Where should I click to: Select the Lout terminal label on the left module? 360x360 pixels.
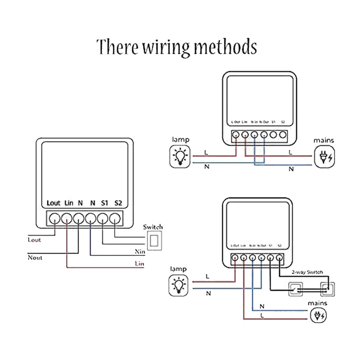point(54,203)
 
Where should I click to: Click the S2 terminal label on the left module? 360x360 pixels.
point(118,203)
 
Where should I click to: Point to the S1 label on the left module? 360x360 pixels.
point(104,203)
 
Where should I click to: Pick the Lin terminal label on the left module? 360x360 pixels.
point(69,203)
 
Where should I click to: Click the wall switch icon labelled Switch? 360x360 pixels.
point(155,240)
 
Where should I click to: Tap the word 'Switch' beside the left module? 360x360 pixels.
point(153,227)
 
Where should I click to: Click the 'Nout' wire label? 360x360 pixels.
point(35,258)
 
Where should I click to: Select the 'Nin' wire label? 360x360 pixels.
point(140,252)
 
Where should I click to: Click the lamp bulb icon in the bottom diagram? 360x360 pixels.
point(180,285)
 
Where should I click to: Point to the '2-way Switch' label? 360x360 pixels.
point(307,272)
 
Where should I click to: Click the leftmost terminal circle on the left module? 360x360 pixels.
point(55,218)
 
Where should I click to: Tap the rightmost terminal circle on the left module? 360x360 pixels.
point(115,218)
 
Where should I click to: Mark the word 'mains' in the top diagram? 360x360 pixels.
point(324,140)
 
